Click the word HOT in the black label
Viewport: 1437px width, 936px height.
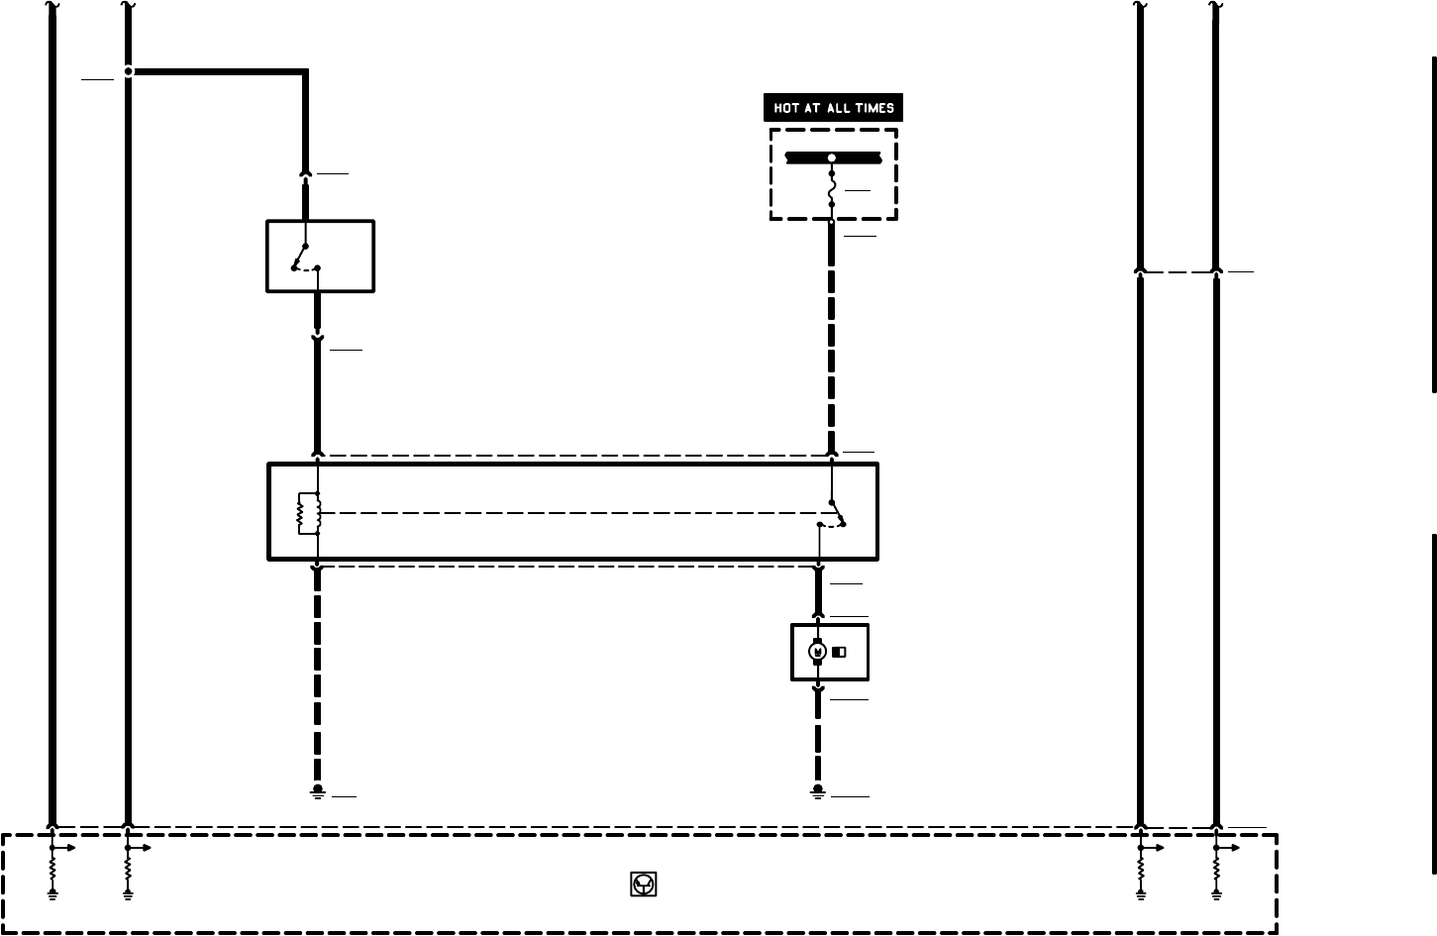(787, 108)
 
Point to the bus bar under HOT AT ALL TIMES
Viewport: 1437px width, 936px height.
(832, 157)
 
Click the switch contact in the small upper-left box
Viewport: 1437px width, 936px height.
(305, 259)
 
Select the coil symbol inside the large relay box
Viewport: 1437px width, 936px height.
(304, 513)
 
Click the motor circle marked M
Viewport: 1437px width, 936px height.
(817, 651)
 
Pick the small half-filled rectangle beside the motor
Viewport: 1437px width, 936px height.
(840, 652)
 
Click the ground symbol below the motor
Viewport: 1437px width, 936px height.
(818, 791)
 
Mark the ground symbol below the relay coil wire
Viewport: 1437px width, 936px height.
(318, 791)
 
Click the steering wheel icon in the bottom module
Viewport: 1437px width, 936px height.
(643, 884)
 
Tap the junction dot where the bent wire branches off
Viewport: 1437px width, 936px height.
(129, 71)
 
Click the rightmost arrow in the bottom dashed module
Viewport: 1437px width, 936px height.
(1231, 848)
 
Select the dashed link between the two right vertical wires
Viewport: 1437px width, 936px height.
(1179, 271)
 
